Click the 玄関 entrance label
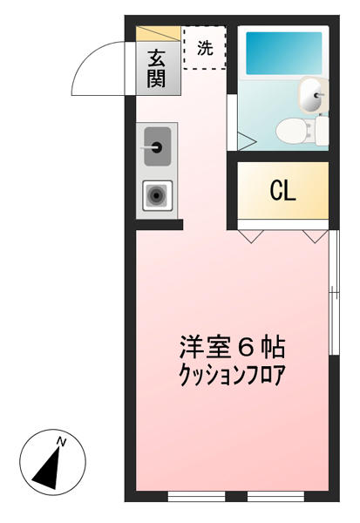point(157,69)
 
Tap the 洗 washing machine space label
point(205,48)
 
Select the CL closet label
point(283,191)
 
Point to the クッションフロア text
point(232,375)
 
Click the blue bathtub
point(284,53)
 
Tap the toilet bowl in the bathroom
point(295,130)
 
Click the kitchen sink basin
point(157,146)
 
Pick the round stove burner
point(157,195)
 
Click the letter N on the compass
point(61,442)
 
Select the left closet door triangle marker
point(251,236)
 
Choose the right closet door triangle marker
point(316,236)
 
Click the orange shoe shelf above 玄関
point(159,34)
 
